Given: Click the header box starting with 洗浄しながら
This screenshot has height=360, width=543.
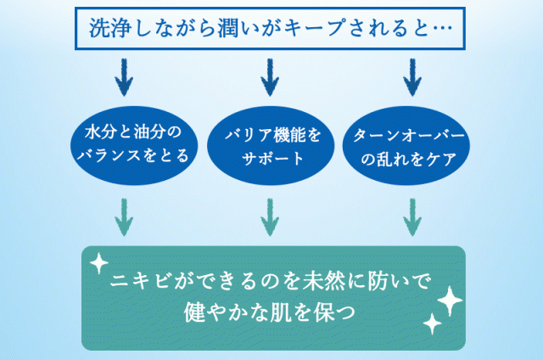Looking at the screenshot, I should (271, 29).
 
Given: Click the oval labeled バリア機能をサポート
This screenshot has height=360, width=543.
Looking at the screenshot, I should (271, 145).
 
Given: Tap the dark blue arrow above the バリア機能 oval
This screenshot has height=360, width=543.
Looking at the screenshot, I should (270, 78).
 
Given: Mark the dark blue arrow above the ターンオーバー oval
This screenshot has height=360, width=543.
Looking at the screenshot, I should (412, 78).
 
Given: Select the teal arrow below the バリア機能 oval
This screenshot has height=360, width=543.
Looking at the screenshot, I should (270, 217).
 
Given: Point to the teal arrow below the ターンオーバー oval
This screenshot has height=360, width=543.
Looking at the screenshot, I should (412, 217).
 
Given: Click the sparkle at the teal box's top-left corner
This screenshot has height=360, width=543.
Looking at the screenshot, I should (98, 263).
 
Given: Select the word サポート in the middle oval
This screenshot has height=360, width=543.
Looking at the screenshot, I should (271, 158).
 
